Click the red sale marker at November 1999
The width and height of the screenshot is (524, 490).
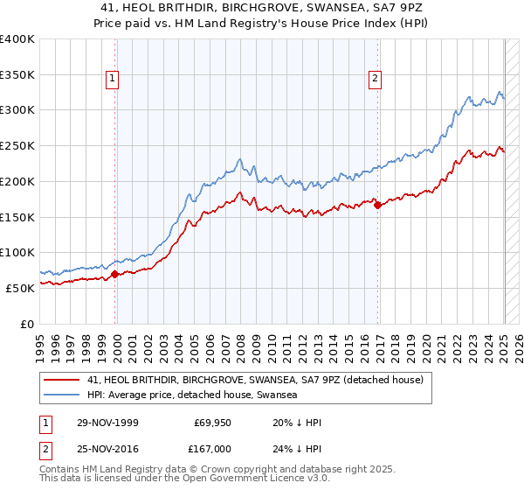coord(115,274)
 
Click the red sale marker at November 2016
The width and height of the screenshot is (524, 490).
coord(377,205)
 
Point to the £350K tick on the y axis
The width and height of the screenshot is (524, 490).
coord(17,74)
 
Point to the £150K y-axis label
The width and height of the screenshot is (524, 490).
coord(17,216)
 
